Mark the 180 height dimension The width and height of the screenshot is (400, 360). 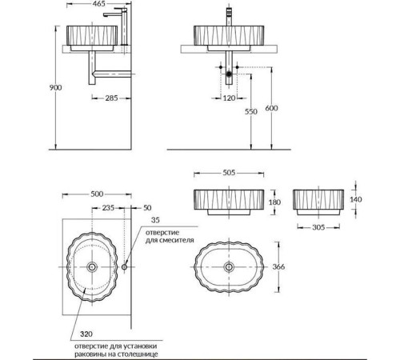(x=276, y=202)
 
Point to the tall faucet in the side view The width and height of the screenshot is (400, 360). (x=102, y=28)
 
